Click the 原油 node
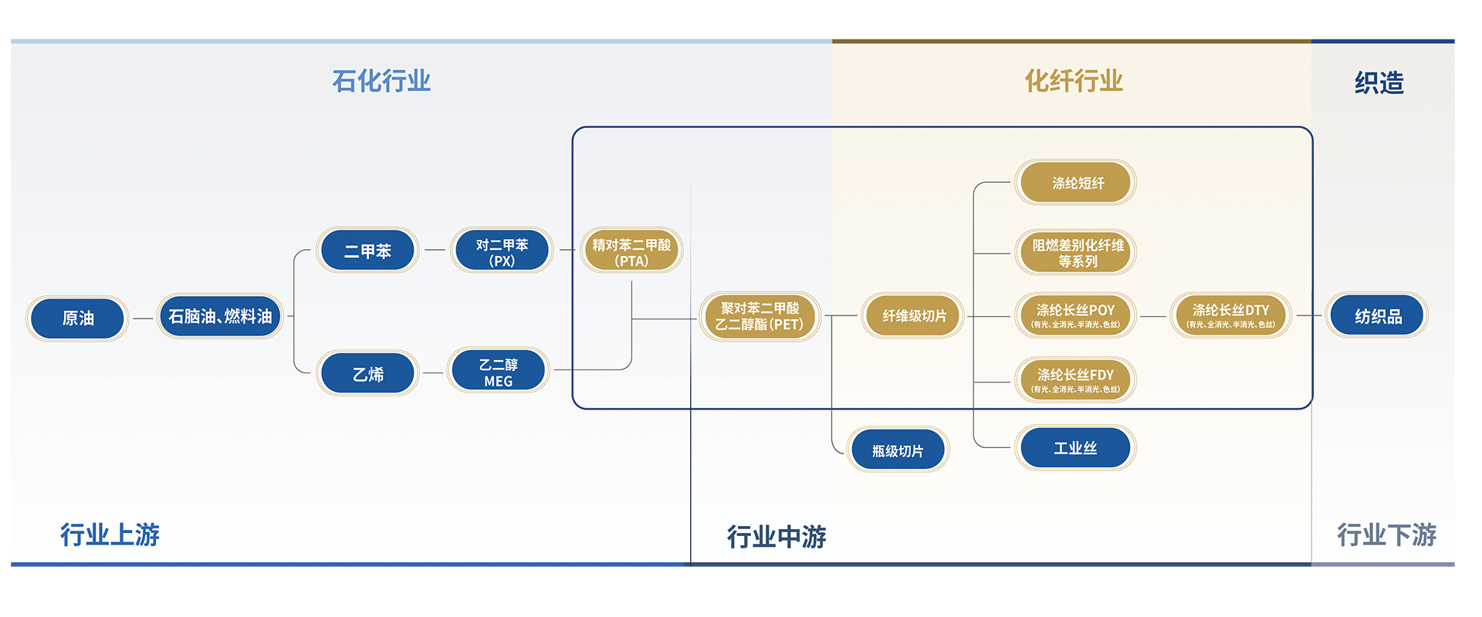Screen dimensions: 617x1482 (77, 318)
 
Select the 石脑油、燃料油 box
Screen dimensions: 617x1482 (220, 316)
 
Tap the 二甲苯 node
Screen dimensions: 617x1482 (367, 251)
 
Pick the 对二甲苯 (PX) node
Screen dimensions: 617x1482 (502, 251)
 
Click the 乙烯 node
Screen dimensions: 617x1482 (367, 374)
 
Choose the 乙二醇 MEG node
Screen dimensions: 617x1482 (499, 371)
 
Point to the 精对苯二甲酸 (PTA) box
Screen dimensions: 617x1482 (631, 251)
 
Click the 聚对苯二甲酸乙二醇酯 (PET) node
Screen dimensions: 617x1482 (760, 316)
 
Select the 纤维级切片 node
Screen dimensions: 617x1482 (913, 315)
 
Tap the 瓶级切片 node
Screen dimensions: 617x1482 (898, 450)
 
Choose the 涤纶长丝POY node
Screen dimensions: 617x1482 (1075, 315)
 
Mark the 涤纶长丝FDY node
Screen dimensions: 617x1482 (1075, 380)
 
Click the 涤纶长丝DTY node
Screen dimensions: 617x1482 (1230, 315)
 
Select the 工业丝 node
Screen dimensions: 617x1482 (1075, 448)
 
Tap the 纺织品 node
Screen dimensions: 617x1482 (1378, 315)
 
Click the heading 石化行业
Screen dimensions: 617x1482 (381, 81)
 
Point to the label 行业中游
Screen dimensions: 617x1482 (777, 536)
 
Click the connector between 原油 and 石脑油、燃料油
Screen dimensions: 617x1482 (143, 318)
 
